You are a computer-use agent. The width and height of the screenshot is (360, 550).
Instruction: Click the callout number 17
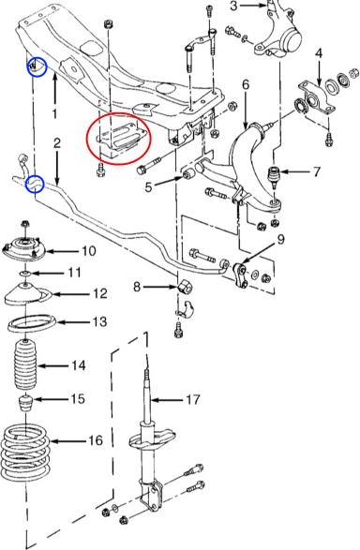192,399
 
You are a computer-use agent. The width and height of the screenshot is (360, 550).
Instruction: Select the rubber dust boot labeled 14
25,364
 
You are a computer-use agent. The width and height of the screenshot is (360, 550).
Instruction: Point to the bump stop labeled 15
25,403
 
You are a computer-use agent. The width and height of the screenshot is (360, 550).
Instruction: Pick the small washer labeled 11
24,273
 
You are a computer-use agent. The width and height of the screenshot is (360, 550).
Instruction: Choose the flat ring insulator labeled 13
32,324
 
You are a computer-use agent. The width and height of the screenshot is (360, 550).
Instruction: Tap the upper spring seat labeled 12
28,294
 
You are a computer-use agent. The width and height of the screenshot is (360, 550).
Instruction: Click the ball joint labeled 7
274,177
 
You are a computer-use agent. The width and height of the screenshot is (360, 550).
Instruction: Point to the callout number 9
280,240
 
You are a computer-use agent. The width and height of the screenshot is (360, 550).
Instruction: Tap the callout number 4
319,53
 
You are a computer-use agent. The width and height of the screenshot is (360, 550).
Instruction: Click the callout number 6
246,85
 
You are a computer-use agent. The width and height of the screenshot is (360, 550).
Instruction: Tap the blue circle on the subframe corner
37,67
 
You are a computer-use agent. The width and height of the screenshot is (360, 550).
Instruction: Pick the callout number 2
57,142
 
